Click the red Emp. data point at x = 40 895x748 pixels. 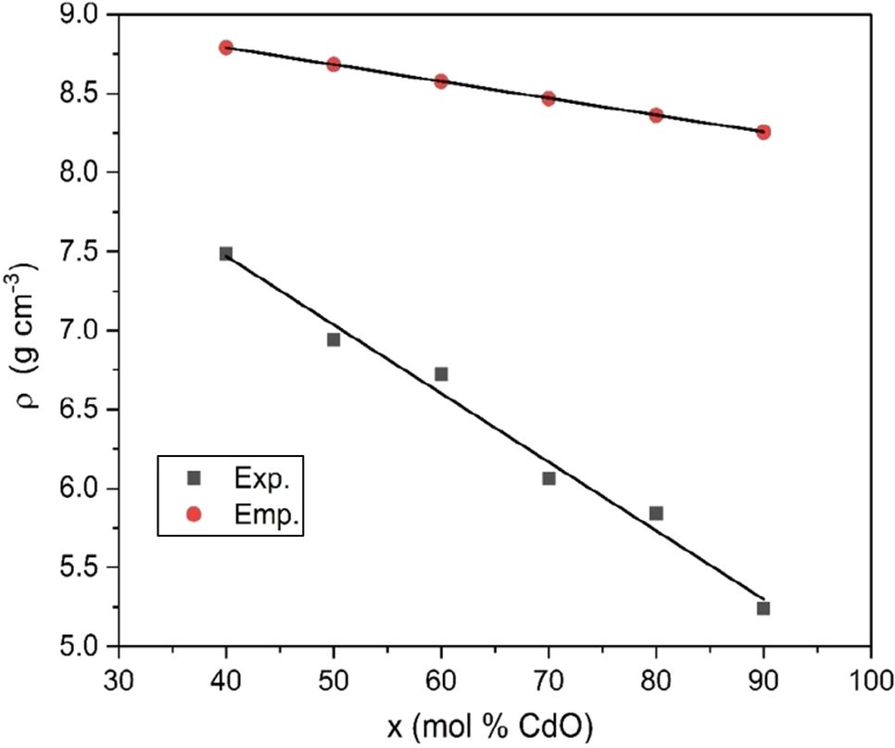tap(226, 47)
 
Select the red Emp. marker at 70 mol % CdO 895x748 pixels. tap(548, 98)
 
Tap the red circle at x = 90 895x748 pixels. tap(763, 132)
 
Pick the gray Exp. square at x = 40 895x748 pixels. tap(226, 253)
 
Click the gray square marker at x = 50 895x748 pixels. tap(334, 339)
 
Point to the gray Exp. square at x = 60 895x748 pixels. tap(441, 374)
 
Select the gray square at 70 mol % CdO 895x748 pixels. tap(548, 478)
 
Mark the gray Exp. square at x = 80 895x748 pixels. tap(656, 513)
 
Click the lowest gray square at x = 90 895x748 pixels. tap(763, 608)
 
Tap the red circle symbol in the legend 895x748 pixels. tap(194, 515)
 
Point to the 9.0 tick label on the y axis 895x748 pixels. tap(82, 15)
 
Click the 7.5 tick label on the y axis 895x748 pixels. tap(82, 252)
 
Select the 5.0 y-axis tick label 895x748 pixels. tap(82, 647)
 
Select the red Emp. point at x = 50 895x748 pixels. tap(334, 64)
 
